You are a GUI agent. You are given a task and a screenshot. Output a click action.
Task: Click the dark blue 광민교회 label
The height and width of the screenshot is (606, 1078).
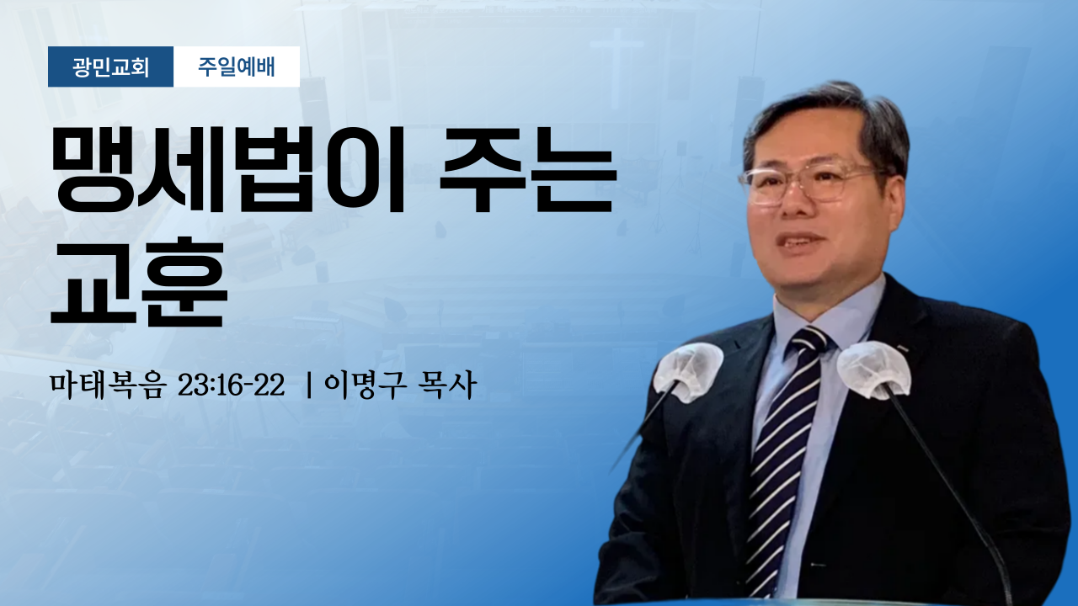(x=110, y=66)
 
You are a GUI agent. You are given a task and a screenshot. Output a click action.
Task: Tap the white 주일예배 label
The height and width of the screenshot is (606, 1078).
(x=237, y=66)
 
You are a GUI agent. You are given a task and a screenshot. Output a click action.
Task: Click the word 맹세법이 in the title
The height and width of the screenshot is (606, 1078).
(x=227, y=170)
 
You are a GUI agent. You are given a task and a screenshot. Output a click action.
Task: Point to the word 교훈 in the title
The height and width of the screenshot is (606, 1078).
(x=139, y=284)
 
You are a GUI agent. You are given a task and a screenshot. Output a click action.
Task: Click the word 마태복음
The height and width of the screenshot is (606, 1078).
(x=107, y=385)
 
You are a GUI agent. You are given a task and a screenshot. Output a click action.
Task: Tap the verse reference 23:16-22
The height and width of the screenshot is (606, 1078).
(x=231, y=385)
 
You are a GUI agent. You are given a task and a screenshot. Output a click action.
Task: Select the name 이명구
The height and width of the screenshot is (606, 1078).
(x=365, y=385)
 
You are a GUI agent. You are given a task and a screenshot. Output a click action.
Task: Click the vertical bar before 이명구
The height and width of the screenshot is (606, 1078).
(x=309, y=385)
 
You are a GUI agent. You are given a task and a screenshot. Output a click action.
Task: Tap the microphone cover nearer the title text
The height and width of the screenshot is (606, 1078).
(x=688, y=371)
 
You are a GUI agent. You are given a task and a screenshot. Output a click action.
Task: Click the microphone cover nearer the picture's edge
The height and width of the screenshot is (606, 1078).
(x=873, y=369)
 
